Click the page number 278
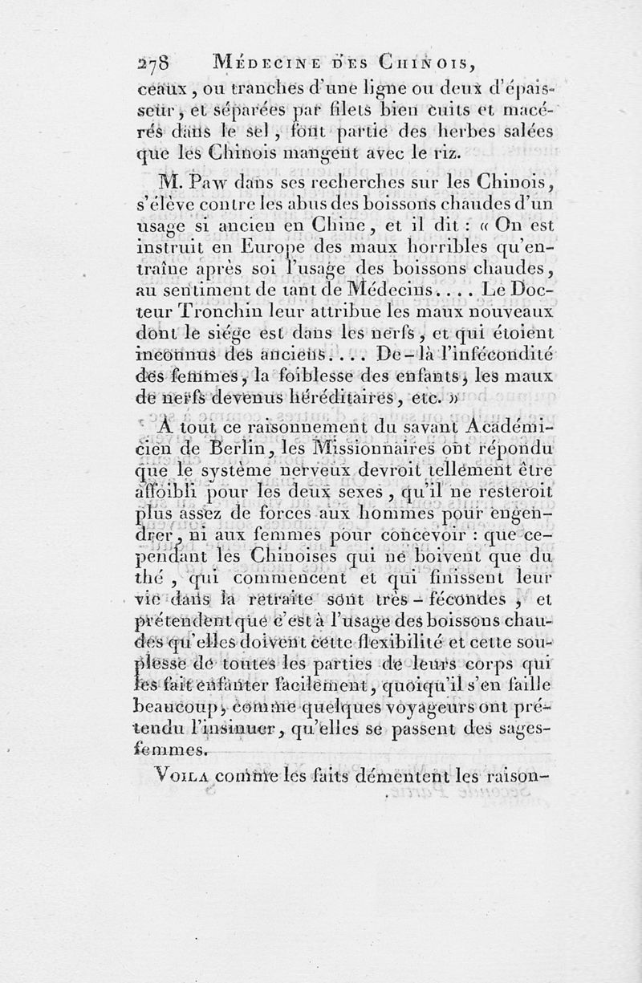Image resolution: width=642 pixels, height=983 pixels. click(161, 64)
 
